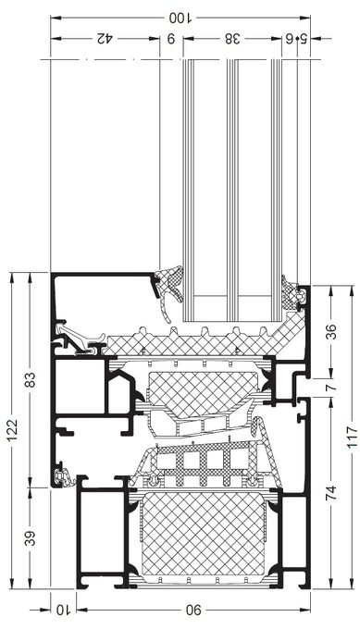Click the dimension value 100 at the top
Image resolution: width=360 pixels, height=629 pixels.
(180, 18)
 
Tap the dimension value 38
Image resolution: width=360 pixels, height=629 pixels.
(232, 39)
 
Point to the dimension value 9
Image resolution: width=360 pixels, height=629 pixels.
(171, 39)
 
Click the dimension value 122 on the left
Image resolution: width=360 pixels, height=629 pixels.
(12, 430)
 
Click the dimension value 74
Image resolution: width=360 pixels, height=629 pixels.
(330, 493)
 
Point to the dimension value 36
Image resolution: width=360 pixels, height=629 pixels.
(330, 332)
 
